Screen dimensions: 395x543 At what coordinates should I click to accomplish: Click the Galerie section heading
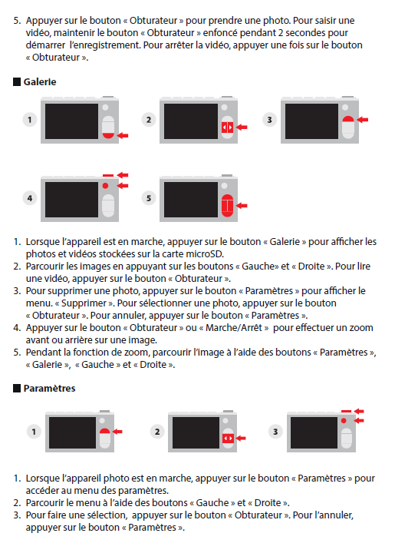click(40, 82)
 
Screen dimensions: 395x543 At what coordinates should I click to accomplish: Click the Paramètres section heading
click(49, 389)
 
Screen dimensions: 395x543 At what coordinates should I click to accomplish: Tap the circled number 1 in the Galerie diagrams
click(30, 120)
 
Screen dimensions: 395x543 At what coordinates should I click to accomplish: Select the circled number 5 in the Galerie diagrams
click(149, 198)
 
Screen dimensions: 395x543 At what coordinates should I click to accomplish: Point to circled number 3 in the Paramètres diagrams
click(275, 432)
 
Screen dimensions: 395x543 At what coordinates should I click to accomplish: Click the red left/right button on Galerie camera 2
click(227, 127)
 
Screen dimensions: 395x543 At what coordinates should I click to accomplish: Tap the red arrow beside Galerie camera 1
click(123, 135)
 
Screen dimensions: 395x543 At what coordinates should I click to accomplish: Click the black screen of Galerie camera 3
click(311, 121)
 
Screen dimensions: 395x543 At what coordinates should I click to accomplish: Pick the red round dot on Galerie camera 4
click(106, 186)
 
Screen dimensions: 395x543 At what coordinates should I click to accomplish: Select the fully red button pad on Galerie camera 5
click(227, 206)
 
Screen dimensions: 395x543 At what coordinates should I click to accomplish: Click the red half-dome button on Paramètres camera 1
click(105, 431)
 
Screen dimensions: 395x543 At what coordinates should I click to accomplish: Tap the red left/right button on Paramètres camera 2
click(228, 439)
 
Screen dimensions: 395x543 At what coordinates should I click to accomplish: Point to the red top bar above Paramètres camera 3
click(346, 411)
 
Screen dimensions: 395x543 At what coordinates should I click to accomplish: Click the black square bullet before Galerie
click(17, 82)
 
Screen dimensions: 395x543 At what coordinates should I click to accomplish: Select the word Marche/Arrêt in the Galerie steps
click(233, 328)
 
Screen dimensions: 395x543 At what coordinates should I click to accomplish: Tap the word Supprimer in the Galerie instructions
click(84, 303)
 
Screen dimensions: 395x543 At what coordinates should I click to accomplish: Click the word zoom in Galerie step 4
click(362, 328)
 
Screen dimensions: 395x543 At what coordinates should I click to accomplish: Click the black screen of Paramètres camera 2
click(196, 432)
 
